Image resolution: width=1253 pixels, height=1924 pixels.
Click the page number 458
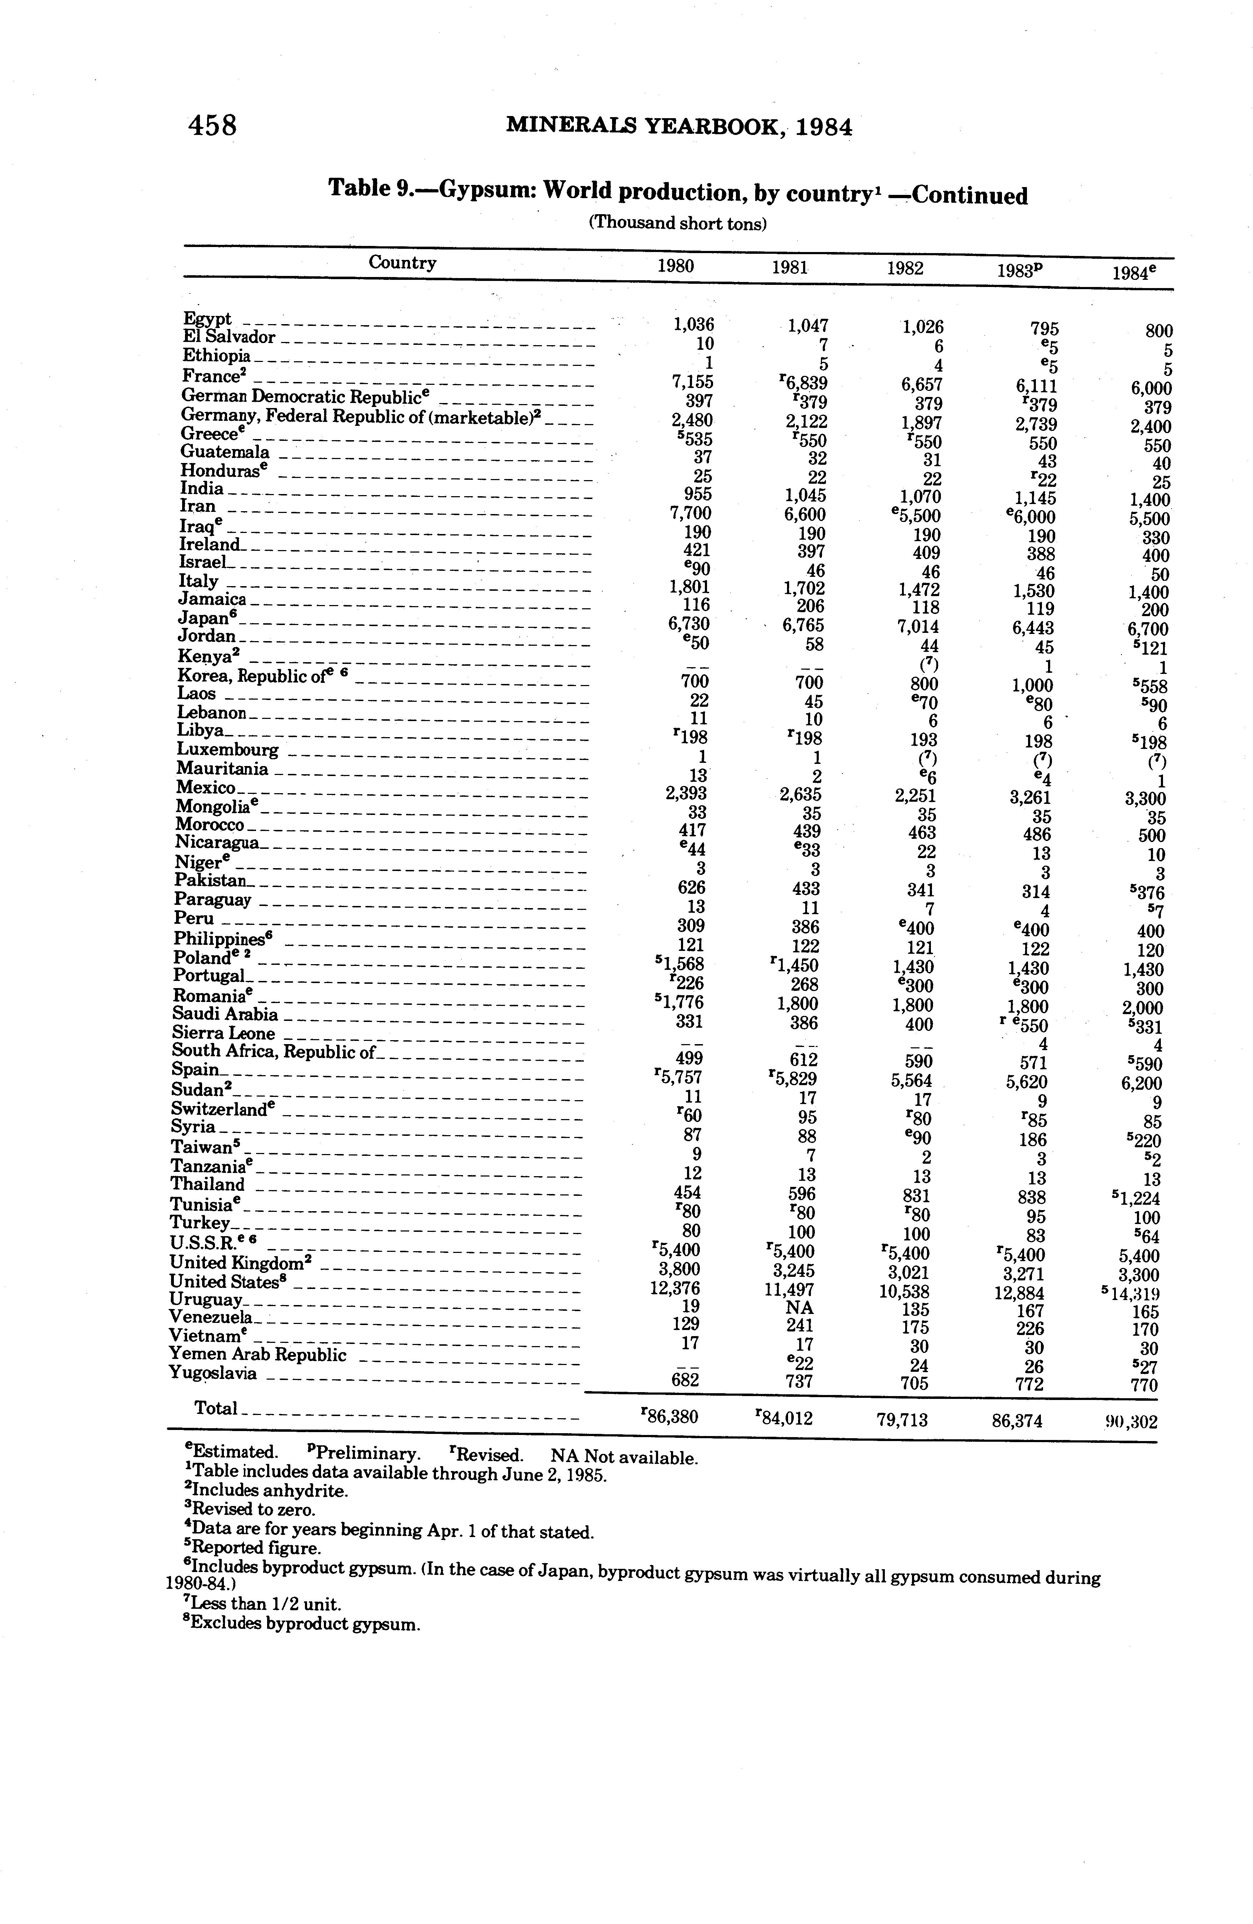coord(212,125)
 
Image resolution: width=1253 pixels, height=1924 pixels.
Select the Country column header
coord(402,263)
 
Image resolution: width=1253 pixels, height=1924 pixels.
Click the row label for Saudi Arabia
coord(225,1014)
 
